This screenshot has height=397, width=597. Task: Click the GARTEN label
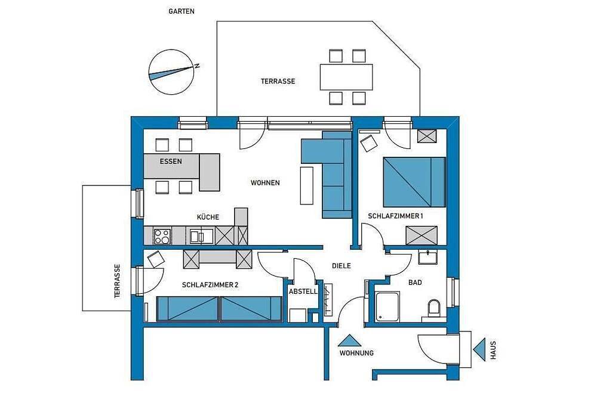[181, 11]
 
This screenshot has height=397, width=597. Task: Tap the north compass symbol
[171, 72]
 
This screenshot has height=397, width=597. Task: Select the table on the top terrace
[346, 77]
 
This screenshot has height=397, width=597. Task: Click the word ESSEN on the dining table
[171, 161]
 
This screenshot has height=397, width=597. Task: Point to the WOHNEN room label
[265, 183]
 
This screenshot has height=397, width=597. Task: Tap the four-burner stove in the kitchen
[162, 235]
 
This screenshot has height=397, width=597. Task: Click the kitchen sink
[202, 236]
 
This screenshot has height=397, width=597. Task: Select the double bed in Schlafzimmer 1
[414, 182]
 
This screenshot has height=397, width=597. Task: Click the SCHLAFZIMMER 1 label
[395, 216]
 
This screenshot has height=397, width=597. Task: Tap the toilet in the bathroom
[433, 308]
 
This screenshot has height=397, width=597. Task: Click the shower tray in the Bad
[387, 307]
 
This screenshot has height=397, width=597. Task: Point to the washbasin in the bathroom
[428, 257]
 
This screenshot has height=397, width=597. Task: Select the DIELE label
[341, 266]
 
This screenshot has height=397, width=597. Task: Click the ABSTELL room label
[303, 291]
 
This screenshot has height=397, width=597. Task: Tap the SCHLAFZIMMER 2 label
[210, 285]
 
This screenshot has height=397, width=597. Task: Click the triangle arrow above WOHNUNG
[349, 341]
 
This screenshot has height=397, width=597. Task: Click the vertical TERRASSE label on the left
[117, 281]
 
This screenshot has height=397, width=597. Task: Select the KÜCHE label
[208, 217]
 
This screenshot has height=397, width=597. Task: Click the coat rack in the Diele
[328, 299]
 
